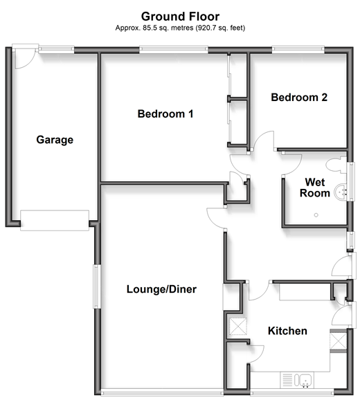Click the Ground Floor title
[x=180, y=17]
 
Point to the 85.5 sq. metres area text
[x=180, y=28]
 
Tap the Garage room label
[x=55, y=140]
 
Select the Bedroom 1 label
[x=165, y=113]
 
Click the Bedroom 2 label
[x=299, y=97]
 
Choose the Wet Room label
[x=315, y=188]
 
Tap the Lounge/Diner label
[x=161, y=289]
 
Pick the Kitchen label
[x=287, y=331]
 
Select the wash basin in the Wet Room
[x=341, y=192]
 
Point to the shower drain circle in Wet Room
[x=316, y=215]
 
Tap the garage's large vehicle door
[x=55, y=220]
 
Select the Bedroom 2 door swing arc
[x=263, y=140]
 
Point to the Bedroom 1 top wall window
[x=174, y=50]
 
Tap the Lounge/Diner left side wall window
[x=97, y=287]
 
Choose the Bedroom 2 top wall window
[x=298, y=50]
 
